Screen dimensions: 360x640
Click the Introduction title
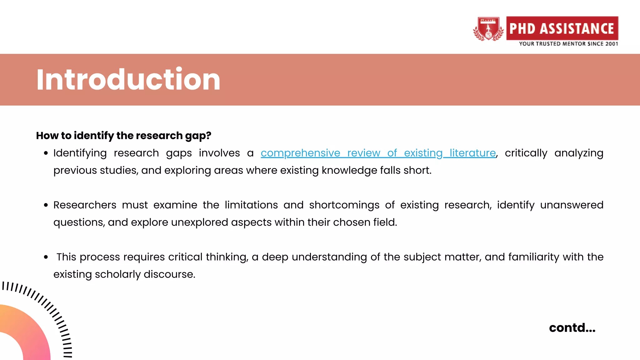click(x=128, y=80)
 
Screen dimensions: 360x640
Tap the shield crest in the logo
click(x=488, y=29)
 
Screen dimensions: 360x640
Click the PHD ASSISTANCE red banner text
click(x=562, y=28)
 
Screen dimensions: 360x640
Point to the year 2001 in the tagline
click(x=612, y=44)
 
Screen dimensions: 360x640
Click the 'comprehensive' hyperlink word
click(x=300, y=153)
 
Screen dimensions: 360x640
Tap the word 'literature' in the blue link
click(x=472, y=153)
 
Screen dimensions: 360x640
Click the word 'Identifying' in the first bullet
click(x=80, y=153)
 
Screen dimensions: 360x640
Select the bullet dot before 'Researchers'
click(x=46, y=205)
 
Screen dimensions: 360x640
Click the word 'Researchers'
click(x=85, y=205)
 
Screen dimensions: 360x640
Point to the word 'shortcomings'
click(x=344, y=205)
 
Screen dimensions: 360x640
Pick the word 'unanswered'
click(x=572, y=205)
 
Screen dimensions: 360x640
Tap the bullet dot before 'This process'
click(x=46, y=257)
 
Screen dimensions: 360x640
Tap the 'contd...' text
click(x=572, y=328)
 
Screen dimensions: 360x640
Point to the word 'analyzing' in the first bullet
click(x=579, y=153)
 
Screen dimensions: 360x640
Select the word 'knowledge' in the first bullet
click(x=349, y=170)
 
